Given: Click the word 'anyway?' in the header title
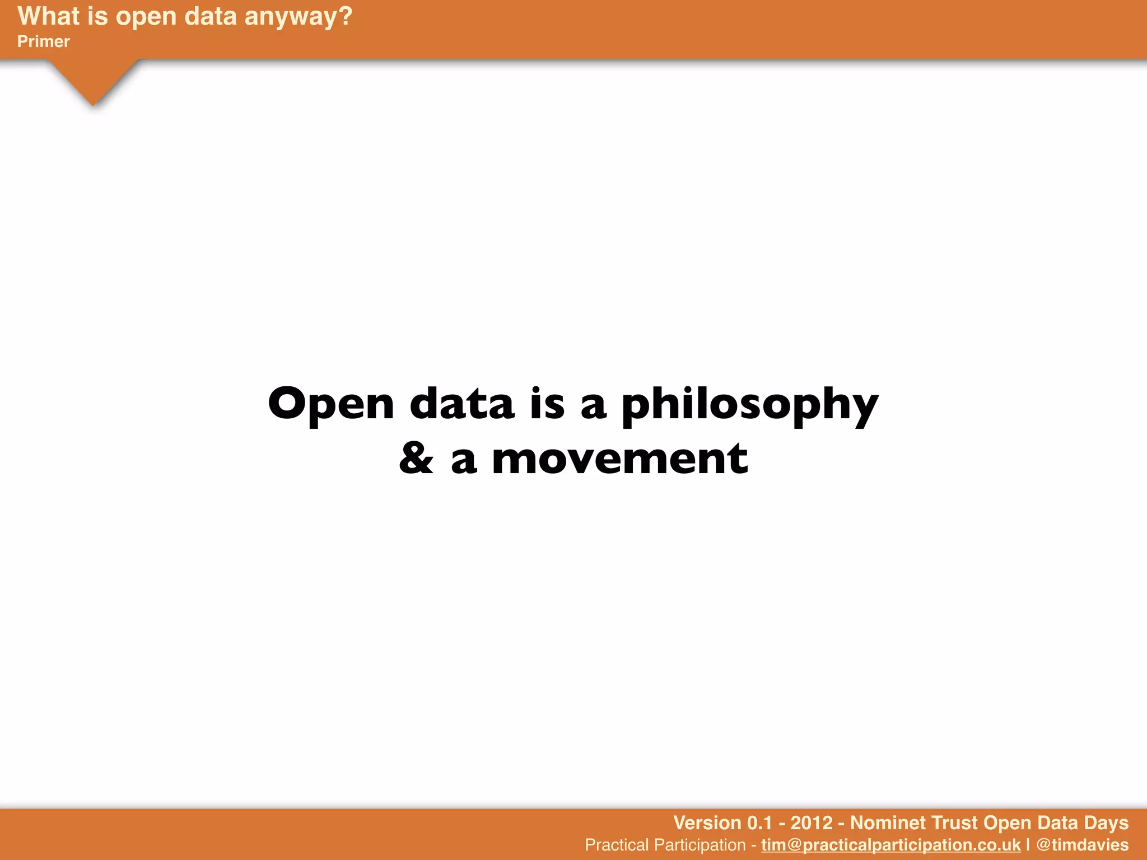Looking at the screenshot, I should (298, 17).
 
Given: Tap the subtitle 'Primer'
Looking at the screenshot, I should (44, 41).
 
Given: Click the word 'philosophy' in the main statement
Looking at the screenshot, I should (750, 405).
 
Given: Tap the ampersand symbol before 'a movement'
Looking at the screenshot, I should (416, 459).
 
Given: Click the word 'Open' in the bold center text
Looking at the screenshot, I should (331, 405).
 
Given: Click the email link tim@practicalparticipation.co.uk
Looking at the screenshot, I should (890, 844).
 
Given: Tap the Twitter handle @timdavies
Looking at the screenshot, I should (1082, 844).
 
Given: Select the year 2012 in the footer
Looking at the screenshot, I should (812, 822).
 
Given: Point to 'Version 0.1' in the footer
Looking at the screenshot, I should (722, 822).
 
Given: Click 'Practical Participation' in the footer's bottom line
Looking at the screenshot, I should (665, 844).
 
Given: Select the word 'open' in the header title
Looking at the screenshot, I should (146, 17).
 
